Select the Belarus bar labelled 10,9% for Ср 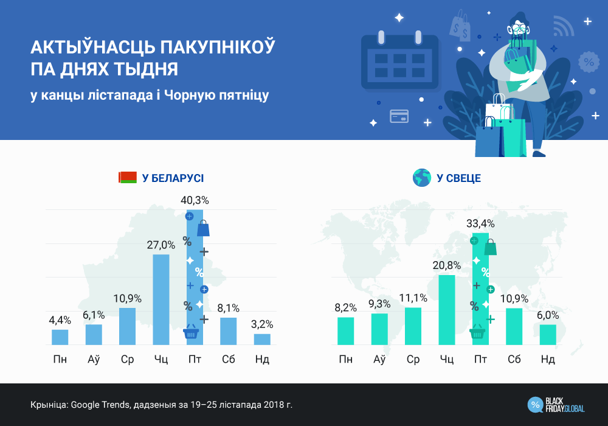point(127,326)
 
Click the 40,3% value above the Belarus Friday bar point(195,200)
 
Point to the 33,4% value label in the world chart point(480,223)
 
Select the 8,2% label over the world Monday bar point(345,308)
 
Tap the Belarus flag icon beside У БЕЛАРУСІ point(128,178)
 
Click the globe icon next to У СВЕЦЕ point(421,178)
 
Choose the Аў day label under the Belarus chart point(94,360)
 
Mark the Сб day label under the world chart point(514,360)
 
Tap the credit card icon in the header point(399,116)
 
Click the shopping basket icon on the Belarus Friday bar point(191,332)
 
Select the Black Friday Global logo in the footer point(557,404)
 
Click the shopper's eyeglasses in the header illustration point(519,28)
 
